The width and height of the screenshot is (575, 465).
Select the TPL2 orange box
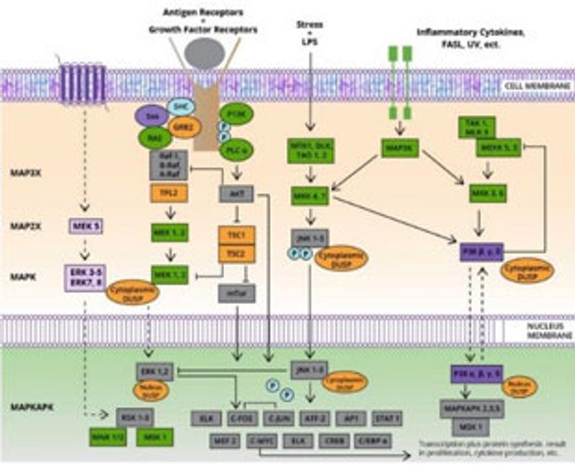point(166,195)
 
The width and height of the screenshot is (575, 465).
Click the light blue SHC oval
point(181,106)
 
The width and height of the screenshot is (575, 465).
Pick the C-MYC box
point(258,440)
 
